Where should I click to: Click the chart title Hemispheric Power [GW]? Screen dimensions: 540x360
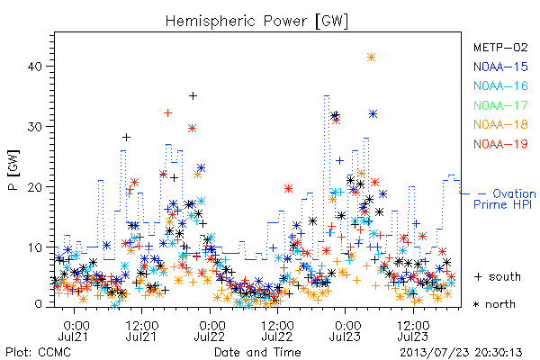(x=256, y=22)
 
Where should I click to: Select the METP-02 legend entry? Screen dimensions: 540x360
(x=500, y=47)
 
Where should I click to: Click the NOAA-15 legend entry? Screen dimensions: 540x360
(x=500, y=67)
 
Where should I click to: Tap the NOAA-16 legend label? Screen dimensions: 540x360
(x=500, y=85)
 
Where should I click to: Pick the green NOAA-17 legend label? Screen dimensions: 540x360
(x=500, y=105)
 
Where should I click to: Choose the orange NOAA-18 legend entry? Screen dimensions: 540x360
(x=500, y=124)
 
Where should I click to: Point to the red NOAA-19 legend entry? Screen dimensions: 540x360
(x=500, y=144)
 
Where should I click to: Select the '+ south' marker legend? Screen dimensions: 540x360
(x=498, y=276)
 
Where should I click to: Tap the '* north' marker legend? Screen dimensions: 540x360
(x=494, y=304)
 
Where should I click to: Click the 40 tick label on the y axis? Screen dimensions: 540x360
(x=35, y=66)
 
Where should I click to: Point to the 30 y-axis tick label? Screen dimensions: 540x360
(x=35, y=126)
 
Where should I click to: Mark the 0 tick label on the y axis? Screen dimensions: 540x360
(x=39, y=304)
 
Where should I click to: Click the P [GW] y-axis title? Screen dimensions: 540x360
(x=13, y=170)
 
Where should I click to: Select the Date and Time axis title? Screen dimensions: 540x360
(x=257, y=352)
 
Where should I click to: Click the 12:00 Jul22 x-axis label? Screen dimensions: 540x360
(x=277, y=330)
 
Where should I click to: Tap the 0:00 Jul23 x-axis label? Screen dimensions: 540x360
(x=345, y=330)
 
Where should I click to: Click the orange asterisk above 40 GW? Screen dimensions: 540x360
(x=371, y=58)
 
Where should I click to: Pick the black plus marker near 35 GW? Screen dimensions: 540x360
(x=193, y=95)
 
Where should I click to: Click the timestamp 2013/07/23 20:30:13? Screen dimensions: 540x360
(x=461, y=353)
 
